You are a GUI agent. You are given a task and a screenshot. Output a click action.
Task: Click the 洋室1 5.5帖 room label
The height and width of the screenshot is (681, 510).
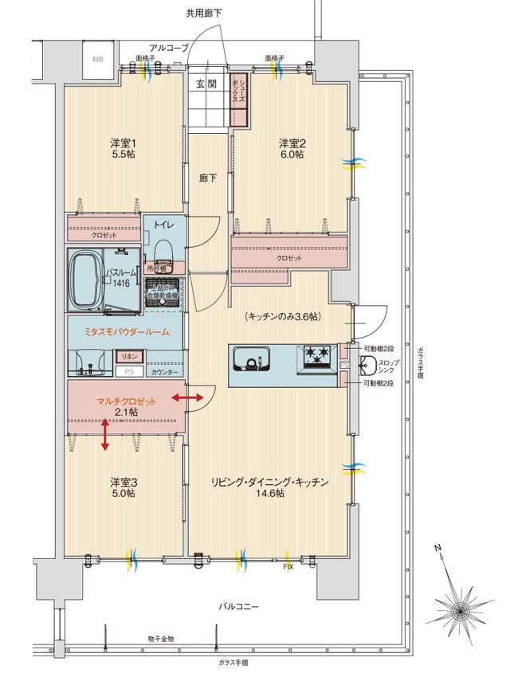124,150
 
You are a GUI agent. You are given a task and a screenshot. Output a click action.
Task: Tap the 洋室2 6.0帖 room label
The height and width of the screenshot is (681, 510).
291,150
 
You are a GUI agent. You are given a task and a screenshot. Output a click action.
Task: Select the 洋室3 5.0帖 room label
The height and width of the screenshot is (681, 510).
123,487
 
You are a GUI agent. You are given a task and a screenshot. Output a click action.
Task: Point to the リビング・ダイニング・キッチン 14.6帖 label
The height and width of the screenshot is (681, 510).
270,487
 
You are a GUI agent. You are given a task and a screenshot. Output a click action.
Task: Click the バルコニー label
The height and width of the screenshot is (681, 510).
237,607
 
